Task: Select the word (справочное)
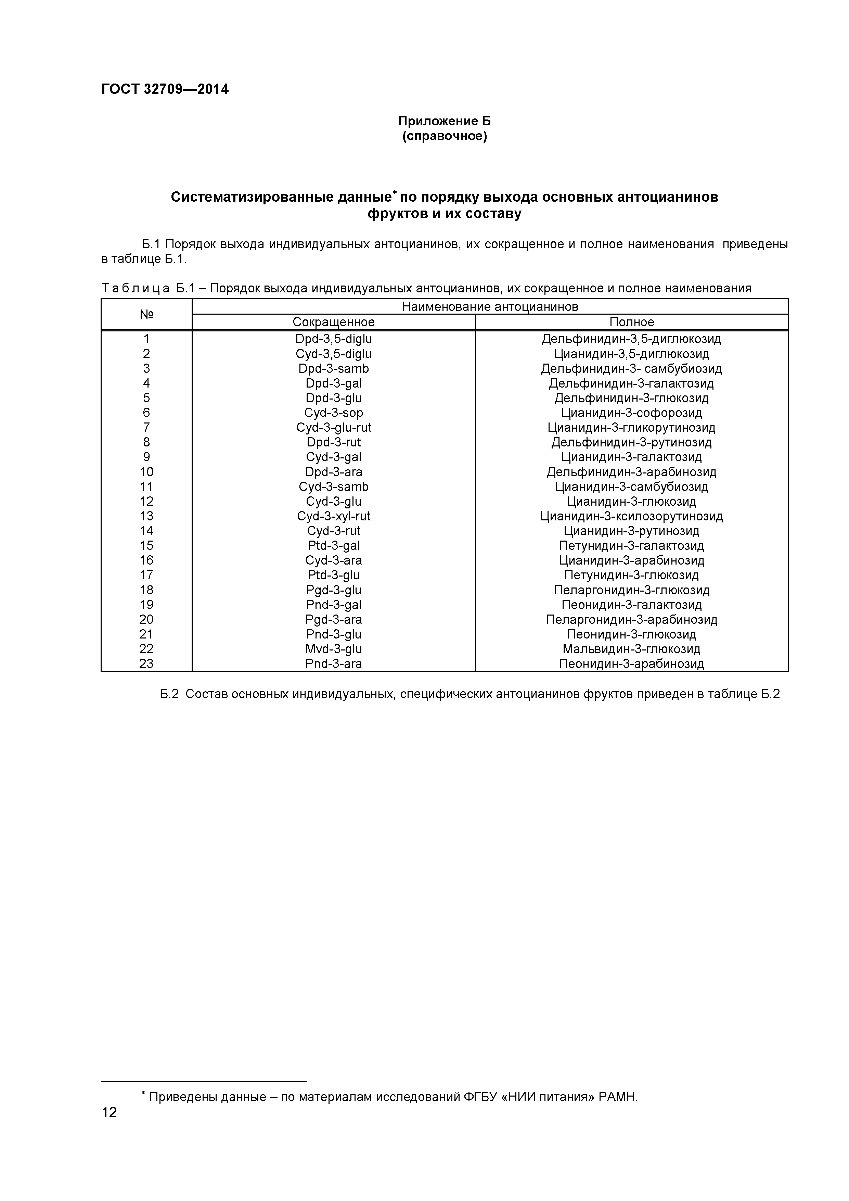[x=445, y=137]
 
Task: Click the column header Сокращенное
[x=334, y=322]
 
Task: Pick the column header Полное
[x=631, y=322]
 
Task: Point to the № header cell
[x=146, y=314]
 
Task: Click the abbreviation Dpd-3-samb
[x=334, y=368]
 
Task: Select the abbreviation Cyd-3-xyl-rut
[x=334, y=516]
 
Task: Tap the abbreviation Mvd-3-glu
[x=334, y=649]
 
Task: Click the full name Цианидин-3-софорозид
[x=631, y=413]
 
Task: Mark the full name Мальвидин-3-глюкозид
[x=631, y=649]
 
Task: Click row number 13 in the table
[x=146, y=516]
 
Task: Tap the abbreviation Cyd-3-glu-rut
[x=334, y=427]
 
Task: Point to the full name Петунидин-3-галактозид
[x=631, y=546]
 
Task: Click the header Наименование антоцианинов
[x=490, y=306]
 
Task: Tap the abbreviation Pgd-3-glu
[x=334, y=590]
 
